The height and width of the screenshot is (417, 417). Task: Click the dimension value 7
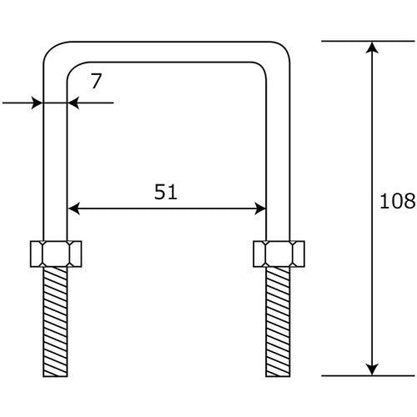pyautogui.click(x=96, y=81)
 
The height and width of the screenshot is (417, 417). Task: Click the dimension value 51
pyautogui.click(x=166, y=192)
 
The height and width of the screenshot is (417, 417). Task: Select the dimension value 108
pyautogui.click(x=397, y=201)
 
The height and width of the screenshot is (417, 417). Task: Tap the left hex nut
pyautogui.click(x=56, y=254)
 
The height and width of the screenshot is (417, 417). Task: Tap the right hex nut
pyautogui.click(x=279, y=254)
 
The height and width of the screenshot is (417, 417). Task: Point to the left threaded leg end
pyautogui.click(x=55, y=322)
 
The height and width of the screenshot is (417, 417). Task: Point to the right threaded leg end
pyautogui.click(x=278, y=322)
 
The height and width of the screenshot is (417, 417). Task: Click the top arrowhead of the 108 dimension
pyautogui.click(x=372, y=48)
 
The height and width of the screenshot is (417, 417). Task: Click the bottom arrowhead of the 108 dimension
pyautogui.click(x=372, y=369)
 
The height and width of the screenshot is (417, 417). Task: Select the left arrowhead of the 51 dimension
pyautogui.click(x=73, y=208)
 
